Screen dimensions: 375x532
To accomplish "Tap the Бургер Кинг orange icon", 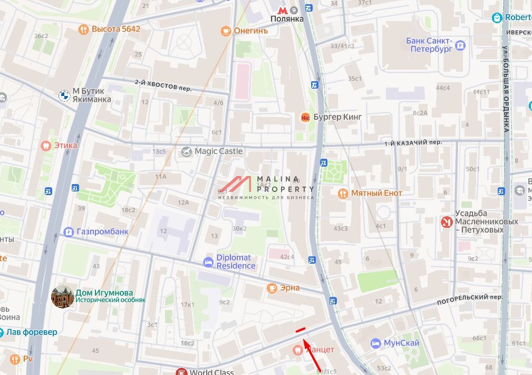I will [305, 117].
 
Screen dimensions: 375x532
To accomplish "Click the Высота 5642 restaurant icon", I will [83, 30].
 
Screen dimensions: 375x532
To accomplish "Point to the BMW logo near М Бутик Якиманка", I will [64, 95].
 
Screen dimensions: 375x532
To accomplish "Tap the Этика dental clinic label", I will [65, 145].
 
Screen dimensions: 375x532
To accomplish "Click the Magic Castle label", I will [219, 151].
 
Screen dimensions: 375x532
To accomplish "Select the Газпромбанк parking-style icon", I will [68, 232].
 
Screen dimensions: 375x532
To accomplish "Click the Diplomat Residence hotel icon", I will [209, 262].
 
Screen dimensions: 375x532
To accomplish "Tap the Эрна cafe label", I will [290, 288].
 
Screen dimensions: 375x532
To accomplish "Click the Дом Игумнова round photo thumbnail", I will [62, 296].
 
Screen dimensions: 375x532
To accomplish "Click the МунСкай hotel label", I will [401, 343].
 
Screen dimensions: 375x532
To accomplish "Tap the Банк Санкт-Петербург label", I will [429, 45].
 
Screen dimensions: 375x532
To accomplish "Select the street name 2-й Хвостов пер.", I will [163, 85].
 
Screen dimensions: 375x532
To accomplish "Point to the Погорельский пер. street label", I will [470, 300].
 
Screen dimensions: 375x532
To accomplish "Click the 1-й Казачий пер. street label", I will [412, 143].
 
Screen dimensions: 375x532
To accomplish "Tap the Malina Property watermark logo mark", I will [235, 184].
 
